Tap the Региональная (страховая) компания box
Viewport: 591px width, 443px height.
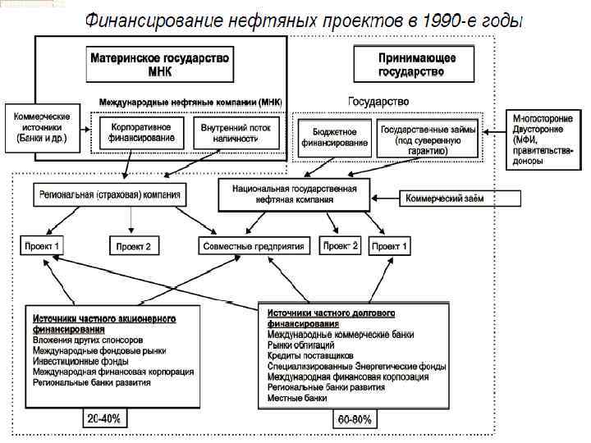111,195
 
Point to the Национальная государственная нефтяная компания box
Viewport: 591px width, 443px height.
294,194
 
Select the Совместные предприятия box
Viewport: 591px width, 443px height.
256,245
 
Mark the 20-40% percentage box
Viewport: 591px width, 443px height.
104,418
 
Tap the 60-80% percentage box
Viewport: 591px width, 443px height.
354,419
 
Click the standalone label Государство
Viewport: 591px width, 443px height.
378,101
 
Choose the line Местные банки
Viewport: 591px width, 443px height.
297,398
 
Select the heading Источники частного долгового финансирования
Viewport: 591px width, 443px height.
332,318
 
